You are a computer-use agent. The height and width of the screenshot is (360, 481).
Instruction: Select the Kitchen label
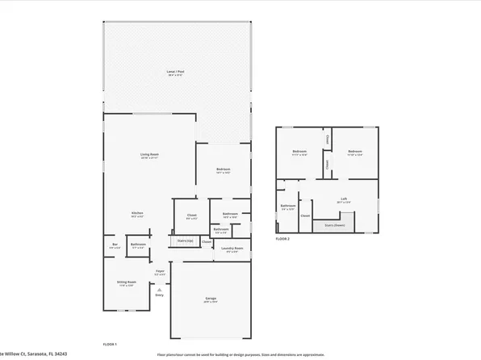tap(137, 213)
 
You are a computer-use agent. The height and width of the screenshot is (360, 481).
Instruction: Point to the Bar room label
tap(115, 245)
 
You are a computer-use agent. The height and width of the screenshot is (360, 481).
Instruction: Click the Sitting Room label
tap(127, 283)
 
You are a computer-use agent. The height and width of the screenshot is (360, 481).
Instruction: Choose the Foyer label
tap(160, 271)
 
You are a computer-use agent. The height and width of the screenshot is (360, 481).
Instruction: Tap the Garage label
tap(211, 299)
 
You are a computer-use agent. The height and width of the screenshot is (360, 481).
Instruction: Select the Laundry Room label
tap(232, 248)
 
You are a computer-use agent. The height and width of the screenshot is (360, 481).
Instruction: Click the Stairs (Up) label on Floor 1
tap(185, 241)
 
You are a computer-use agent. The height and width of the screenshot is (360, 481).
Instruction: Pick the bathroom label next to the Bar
tap(138, 245)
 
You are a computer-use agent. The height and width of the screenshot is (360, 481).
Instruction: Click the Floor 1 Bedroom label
tap(223, 170)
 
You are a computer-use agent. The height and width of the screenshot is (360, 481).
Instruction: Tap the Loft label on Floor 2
tap(343, 199)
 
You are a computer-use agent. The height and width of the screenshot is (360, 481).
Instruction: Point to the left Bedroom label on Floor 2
tap(299, 152)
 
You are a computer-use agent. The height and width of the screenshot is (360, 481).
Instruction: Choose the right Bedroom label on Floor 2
tap(354, 152)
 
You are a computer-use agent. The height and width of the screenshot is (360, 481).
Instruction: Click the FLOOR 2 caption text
tap(282, 239)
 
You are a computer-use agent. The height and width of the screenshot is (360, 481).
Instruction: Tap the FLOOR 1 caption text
tap(110, 344)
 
